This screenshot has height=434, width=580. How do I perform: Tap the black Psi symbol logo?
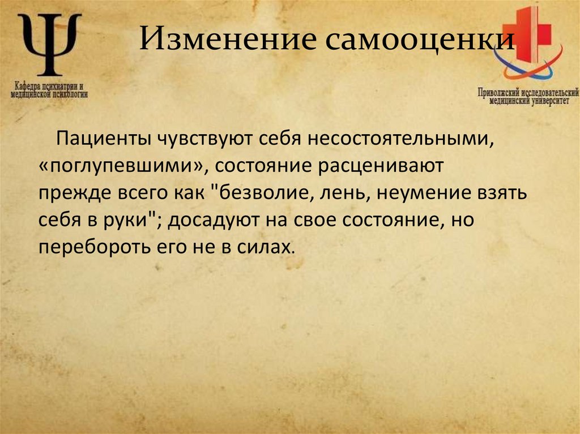click(x=50, y=45)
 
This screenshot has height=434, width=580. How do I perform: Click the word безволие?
click(x=262, y=194)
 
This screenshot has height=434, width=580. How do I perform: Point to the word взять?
click(x=504, y=194)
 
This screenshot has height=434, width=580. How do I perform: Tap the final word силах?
click(x=268, y=247)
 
